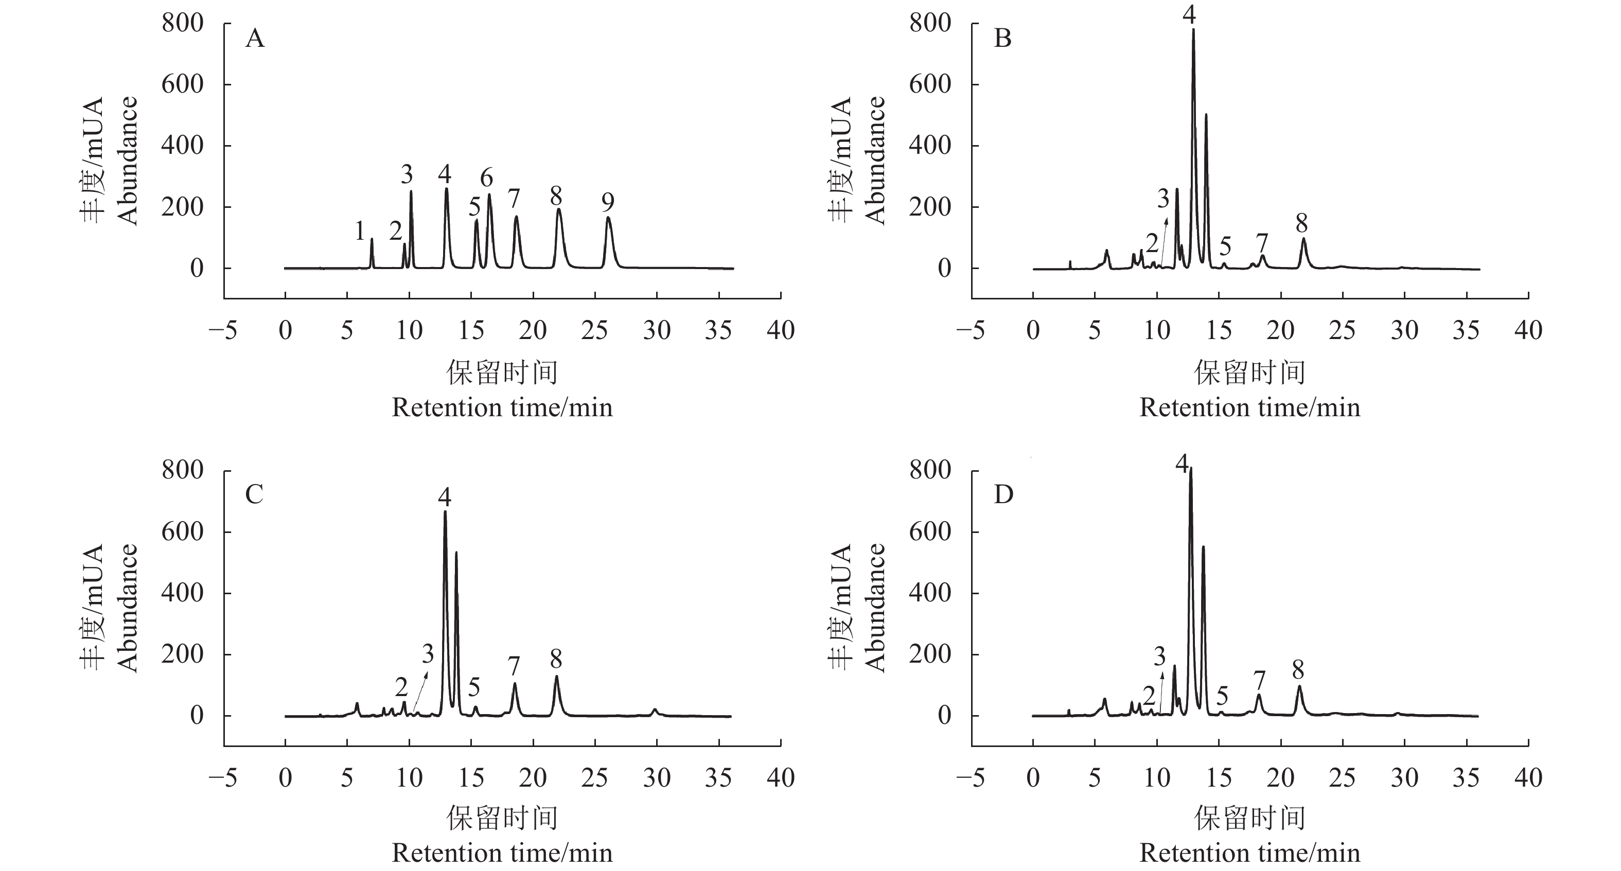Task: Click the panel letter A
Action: coord(255,39)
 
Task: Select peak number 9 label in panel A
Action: coord(607,203)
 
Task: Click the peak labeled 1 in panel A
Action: coord(372,240)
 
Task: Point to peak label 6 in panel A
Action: coord(486,179)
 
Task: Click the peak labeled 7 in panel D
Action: coord(1259,696)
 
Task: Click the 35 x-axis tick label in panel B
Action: coord(1466,330)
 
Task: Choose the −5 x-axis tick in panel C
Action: coord(223,778)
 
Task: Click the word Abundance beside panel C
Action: coord(128,608)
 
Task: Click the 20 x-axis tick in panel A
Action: coord(533,330)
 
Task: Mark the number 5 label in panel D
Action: coord(1222,696)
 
